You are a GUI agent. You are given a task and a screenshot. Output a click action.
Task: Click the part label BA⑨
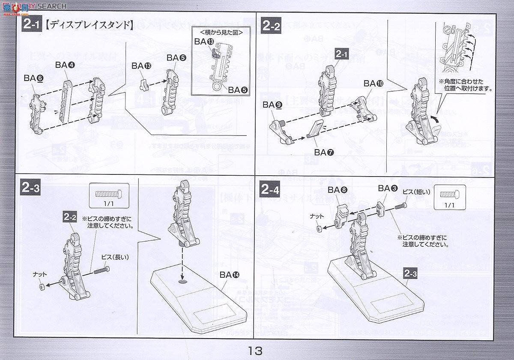[272, 105]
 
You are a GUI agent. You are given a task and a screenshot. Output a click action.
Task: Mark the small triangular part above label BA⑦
[315, 129]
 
